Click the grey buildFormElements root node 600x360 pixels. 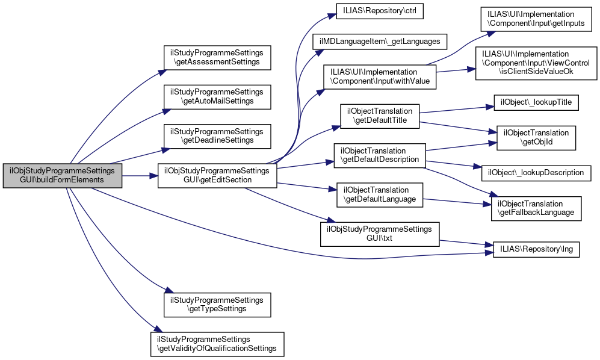(x=63, y=175)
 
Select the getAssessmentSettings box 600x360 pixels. (x=217, y=57)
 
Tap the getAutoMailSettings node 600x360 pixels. (x=217, y=96)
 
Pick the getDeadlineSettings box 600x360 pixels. (x=217, y=135)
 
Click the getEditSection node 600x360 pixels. (x=217, y=175)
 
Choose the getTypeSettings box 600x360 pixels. (x=217, y=305)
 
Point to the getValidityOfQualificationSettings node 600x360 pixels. (x=217, y=344)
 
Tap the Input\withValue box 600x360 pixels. (x=380, y=76)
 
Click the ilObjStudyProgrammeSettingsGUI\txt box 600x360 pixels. (x=379, y=234)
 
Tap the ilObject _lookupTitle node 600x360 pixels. (x=536, y=102)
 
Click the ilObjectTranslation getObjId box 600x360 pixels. (x=536, y=138)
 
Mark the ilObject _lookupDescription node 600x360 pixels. (x=536, y=172)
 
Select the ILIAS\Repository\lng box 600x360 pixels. (x=536, y=247)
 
